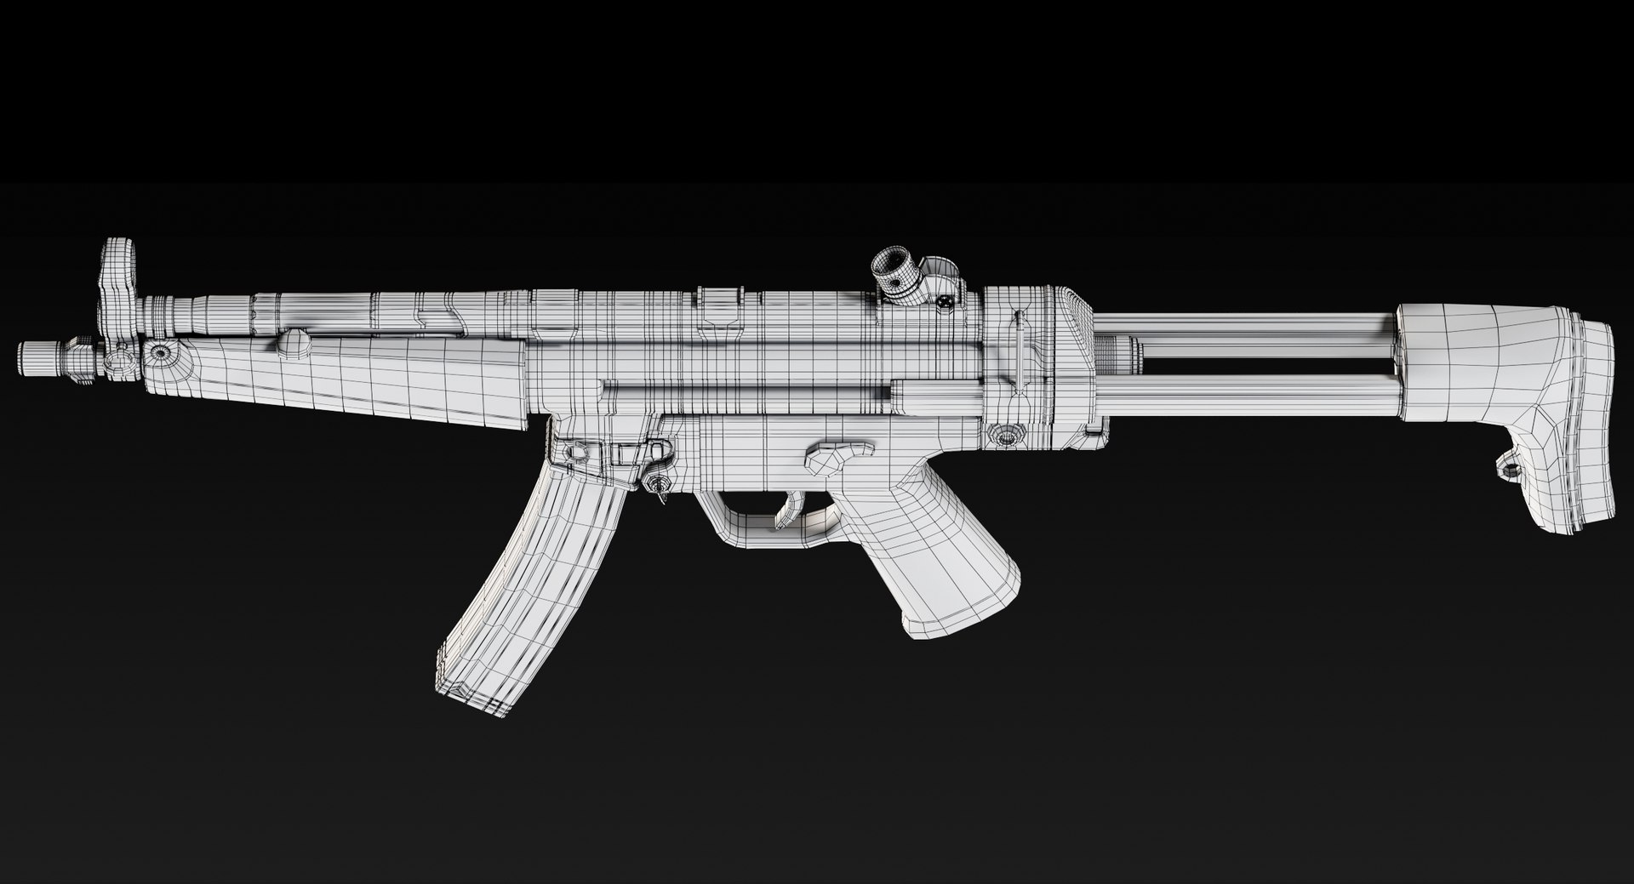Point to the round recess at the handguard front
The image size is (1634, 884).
[158, 353]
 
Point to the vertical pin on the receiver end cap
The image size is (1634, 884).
[1018, 349]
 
